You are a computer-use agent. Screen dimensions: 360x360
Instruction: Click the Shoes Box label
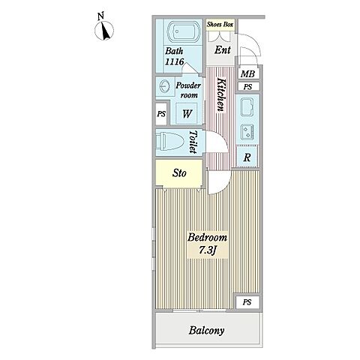point(220,25)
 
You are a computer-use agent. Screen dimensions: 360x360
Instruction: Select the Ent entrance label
point(222,50)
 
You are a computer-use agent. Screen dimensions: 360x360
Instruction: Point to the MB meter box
point(247,73)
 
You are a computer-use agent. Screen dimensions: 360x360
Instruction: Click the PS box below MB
point(247,87)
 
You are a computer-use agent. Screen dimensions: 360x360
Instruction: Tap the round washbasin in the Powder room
point(164,86)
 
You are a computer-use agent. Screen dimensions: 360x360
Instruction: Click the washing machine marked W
point(186,114)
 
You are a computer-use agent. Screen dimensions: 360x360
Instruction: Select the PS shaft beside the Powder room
point(161,114)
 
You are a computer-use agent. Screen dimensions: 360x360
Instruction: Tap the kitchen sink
point(247,107)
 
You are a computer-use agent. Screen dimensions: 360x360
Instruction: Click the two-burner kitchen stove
point(247,131)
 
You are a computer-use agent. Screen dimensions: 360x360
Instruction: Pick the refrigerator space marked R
point(247,157)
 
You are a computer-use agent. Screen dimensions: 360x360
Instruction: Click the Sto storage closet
point(179,173)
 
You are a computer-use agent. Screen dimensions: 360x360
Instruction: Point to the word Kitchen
point(221,95)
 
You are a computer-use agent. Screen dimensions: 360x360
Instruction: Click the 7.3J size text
point(207,250)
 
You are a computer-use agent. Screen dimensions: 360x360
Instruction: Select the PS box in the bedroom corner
point(247,302)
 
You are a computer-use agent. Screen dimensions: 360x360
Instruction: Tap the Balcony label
point(206,331)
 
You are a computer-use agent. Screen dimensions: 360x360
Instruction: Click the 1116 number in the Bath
point(174,61)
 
